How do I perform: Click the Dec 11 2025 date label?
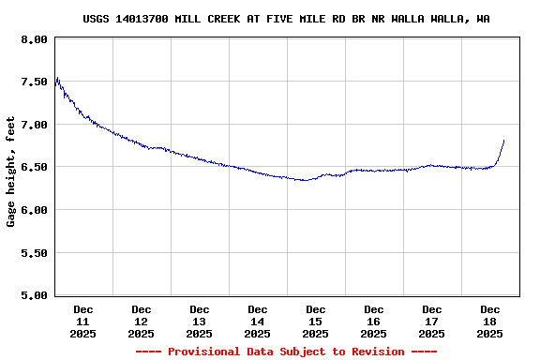pyautogui.click(x=83, y=321)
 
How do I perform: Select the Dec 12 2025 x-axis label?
pyautogui.click(x=142, y=321)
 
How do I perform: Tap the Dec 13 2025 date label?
pyautogui.click(x=200, y=321)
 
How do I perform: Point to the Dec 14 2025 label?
pyautogui.click(x=258, y=321)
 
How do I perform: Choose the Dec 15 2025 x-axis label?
pyautogui.click(x=316, y=321)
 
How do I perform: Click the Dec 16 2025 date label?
pyautogui.click(x=374, y=321)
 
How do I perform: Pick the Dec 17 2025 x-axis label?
pyautogui.click(x=432, y=321)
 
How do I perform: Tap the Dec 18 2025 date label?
pyautogui.click(x=490, y=321)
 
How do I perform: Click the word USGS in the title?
pyautogui.click(x=97, y=19)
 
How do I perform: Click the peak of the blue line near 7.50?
pyautogui.click(x=57, y=78)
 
